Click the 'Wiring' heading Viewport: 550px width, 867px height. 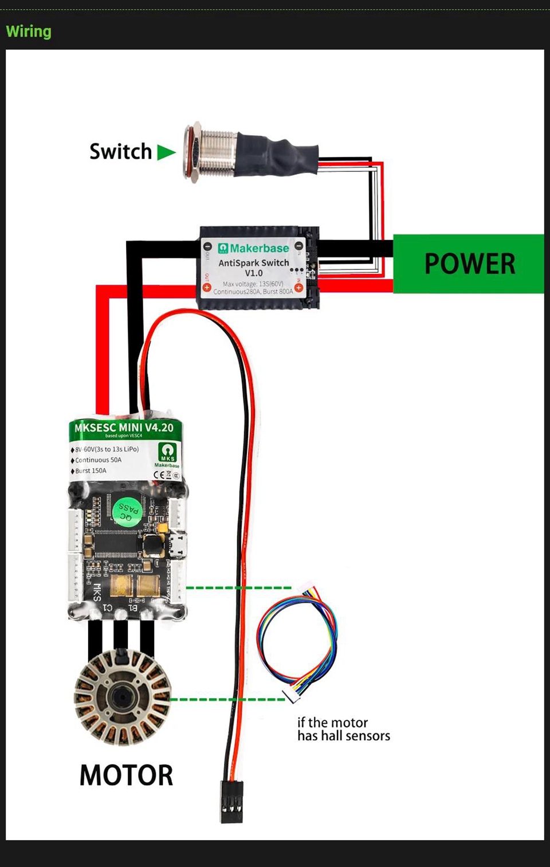pos(29,32)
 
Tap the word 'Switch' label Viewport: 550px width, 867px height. pos(120,152)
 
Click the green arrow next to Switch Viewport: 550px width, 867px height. pos(166,152)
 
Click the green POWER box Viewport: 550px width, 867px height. pos(469,264)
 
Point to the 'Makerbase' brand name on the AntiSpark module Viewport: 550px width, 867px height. pos(259,248)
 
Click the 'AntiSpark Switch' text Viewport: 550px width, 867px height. pos(253,263)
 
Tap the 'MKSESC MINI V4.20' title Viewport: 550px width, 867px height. pos(124,427)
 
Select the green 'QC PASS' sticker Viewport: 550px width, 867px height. pos(127,509)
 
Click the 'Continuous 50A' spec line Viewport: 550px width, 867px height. pos(98,460)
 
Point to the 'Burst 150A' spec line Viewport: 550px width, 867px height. pos(91,471)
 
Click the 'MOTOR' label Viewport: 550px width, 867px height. pos(126,775)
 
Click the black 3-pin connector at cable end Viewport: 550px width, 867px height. pos(231,801)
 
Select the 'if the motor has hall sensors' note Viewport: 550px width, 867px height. pos(343,729)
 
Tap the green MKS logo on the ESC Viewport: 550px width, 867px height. pos(167,452)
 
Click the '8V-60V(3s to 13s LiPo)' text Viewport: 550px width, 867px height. pos(107,449)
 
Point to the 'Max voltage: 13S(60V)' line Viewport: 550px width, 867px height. pos(253,284)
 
